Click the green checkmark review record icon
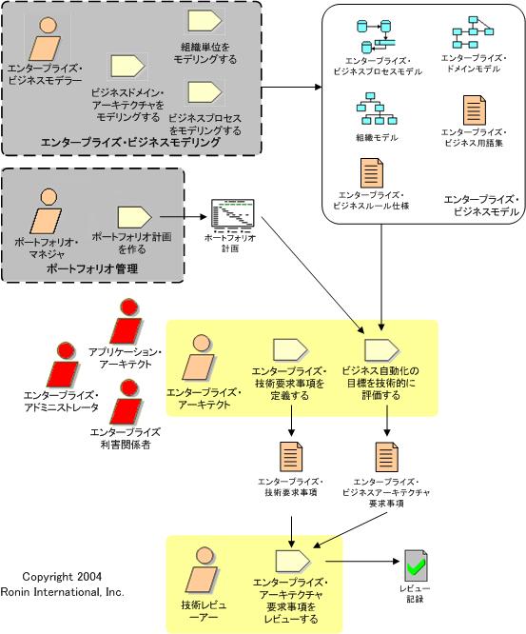click(416, 565)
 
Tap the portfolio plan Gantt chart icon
click(233, 213)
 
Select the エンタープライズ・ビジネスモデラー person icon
click(46, 39)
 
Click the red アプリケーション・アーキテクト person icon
click(127, 322)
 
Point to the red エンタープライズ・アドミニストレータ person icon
click(64, 365)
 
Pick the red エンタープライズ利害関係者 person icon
click(127, 402)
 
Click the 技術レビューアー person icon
click(202, 569)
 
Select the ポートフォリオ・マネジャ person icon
click(47, 211)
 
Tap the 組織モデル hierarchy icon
click(377, 109)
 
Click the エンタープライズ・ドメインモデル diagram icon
click(473, 32)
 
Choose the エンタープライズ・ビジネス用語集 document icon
click(475, 110)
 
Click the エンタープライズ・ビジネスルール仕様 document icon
click(372, 173)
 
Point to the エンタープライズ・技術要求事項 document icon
click(291, 457)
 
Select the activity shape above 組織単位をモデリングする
click(205, 21)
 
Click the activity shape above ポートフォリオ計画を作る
click(134, 218)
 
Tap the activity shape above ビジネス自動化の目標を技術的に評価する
click(381, 350)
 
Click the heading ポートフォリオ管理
click(92, 268)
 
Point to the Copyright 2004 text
click(62, 577)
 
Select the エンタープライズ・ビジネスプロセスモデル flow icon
click(376, 36)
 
